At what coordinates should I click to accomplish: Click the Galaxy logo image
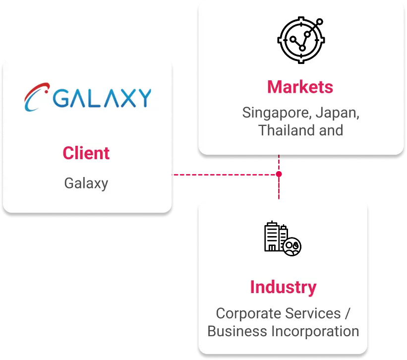(x=87, y=98)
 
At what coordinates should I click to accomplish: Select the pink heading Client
(x=86, y=153)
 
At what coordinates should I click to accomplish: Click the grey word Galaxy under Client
(x=86, y=183)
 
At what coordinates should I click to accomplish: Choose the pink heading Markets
(x=300, y=87)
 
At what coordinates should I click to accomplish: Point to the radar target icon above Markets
(x=300, y=41)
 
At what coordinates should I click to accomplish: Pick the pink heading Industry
(x=283, y=287)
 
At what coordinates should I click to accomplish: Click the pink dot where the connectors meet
(x=279, y=175)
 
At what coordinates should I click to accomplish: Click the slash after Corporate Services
(x=347, y=313)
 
